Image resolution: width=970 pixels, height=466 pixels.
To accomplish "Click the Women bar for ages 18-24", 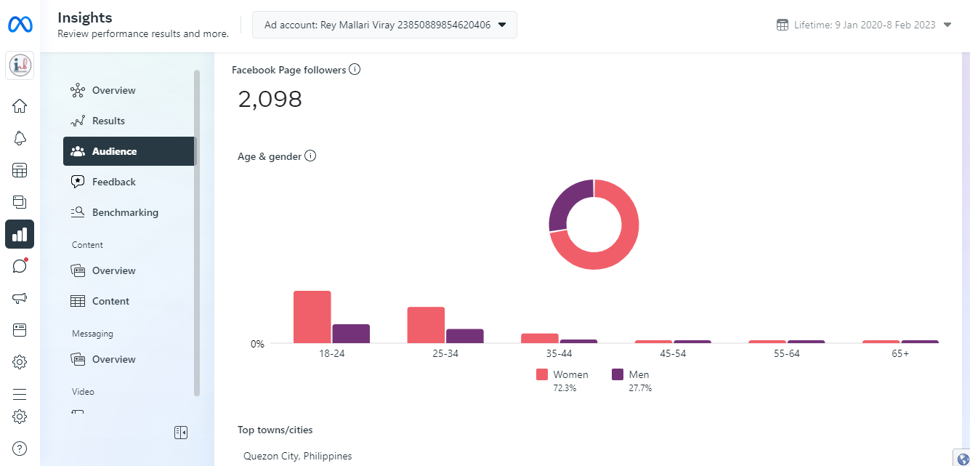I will (x=312, y=317).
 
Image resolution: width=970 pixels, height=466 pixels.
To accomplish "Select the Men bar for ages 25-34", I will (x=464, y=336).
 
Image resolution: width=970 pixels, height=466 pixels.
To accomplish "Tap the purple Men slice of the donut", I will (x=565, y=205).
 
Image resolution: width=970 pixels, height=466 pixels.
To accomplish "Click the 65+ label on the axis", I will (x=900, y=353).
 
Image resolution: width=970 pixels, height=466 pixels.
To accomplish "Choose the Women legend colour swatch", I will (x=542, y=374).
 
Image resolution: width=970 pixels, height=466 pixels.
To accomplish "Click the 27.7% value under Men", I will (x=640, y=388).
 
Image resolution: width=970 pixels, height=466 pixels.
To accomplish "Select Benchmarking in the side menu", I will (x=124, y=212).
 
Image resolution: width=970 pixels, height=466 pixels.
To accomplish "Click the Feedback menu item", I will (x=113, y=182).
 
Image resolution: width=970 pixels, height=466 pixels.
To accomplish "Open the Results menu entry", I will (x=108, y=121).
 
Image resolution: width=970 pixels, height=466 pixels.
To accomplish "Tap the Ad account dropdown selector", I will (x=384, y=25).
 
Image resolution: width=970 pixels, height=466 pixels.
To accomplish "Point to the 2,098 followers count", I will (x=270, y=100).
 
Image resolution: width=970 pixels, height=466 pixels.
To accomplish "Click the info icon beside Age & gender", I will (x=310, y=156).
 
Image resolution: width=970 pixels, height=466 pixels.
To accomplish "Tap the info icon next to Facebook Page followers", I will (x=355, y=70).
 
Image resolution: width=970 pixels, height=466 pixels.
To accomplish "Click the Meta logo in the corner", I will (x=20, y=25).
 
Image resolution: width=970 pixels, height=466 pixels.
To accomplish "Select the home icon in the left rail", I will (x=20, y=106).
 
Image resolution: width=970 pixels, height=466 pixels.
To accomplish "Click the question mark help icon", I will (x=20, y=449).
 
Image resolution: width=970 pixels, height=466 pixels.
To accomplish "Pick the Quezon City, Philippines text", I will (x=297, y=456).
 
